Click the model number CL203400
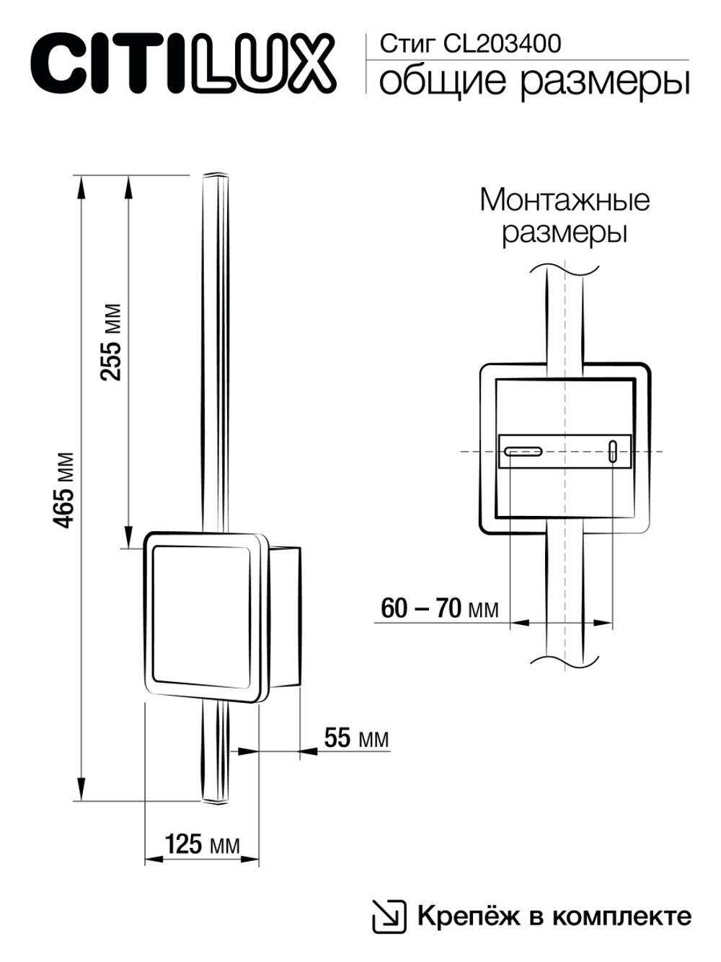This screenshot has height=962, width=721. click(502, 45)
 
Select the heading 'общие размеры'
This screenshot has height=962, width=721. click(534, 81)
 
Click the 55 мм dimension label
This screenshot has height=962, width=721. click(356, 738)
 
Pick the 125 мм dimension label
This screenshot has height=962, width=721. click(202, 844)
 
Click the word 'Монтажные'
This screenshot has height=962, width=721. click(564, 200)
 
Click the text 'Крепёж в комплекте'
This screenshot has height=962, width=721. click(554, 917)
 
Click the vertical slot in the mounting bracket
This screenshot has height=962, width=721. click(613, 452)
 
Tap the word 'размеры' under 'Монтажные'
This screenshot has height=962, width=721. click(564, 233)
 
